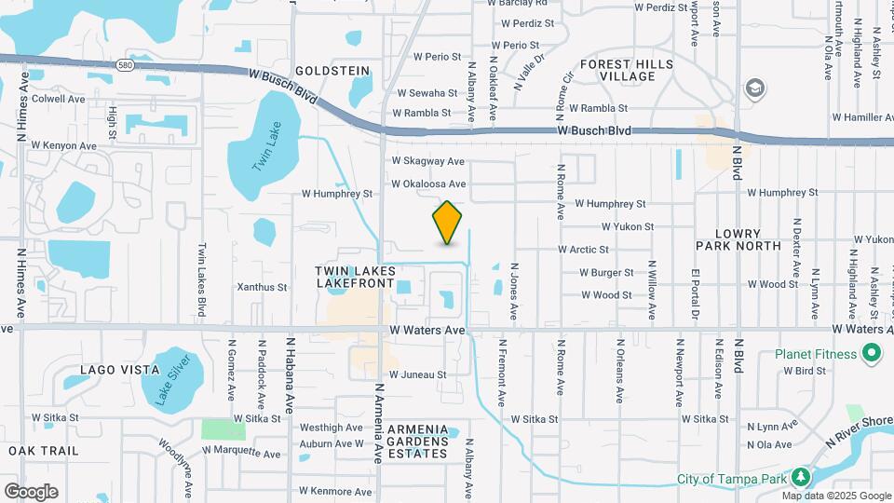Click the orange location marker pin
point(448,222)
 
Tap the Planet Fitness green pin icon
point(872,354)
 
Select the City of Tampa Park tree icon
point(800,479)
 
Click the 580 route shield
point(126,65)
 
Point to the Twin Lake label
point(266,147)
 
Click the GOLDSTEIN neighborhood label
point(332,71)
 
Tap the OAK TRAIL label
point(35,450)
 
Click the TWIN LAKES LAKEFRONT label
point(356,276)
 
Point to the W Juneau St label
point(418,374)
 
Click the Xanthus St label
point(262,288)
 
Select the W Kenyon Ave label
point(63,145)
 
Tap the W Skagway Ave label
point(427,161)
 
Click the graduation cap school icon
point(754,88)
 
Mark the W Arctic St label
point(583,250)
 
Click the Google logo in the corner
point(31,491)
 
